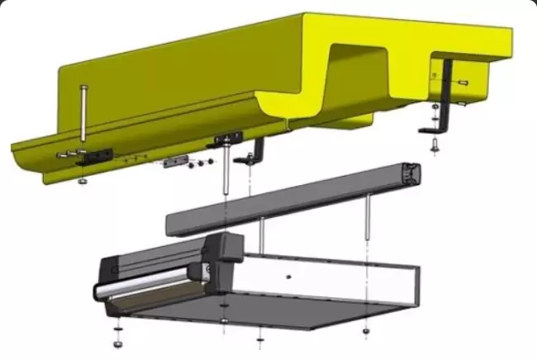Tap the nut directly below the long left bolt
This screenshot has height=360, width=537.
click(83, 181)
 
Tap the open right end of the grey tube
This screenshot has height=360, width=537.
click(411, 176)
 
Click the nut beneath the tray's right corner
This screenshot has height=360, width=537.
click(366, 331)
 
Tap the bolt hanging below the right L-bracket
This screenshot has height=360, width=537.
click(435, 145)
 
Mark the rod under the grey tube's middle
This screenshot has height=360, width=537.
click(261, 234)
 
